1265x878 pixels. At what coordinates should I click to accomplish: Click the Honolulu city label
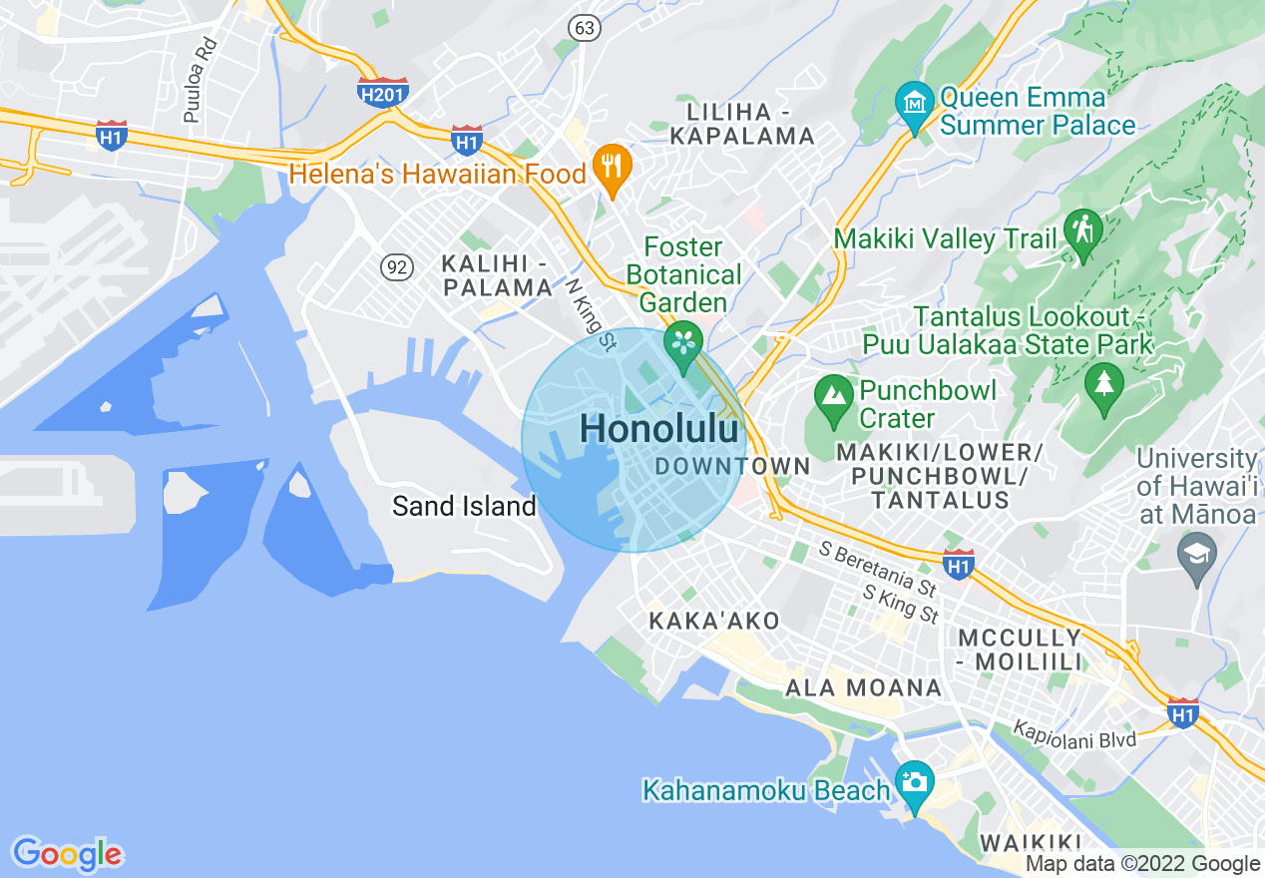point(660,429)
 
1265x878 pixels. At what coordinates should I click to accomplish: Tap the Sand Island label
point(464,506)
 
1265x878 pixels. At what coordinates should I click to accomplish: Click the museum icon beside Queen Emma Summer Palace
point(914,103)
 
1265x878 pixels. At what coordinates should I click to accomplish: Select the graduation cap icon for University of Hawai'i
point(1197,554)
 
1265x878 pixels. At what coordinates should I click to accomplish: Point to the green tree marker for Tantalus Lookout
point(1103,384)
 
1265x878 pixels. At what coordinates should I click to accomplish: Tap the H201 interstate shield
point(383,92)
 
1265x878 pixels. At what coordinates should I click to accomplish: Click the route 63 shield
point(585,27)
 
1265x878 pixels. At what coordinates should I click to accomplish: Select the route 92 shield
point(397,266)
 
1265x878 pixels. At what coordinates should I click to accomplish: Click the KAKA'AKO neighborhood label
point(714,621)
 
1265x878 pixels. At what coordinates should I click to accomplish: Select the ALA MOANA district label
point(864,687)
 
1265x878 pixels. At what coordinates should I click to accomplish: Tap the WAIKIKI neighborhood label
point(1032,843)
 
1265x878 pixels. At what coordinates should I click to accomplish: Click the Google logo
point(68,855)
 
